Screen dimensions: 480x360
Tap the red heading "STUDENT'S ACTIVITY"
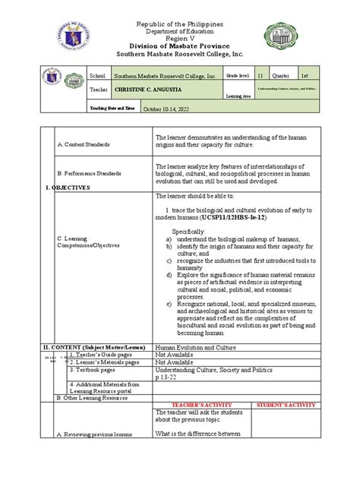(x=284, y=405)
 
